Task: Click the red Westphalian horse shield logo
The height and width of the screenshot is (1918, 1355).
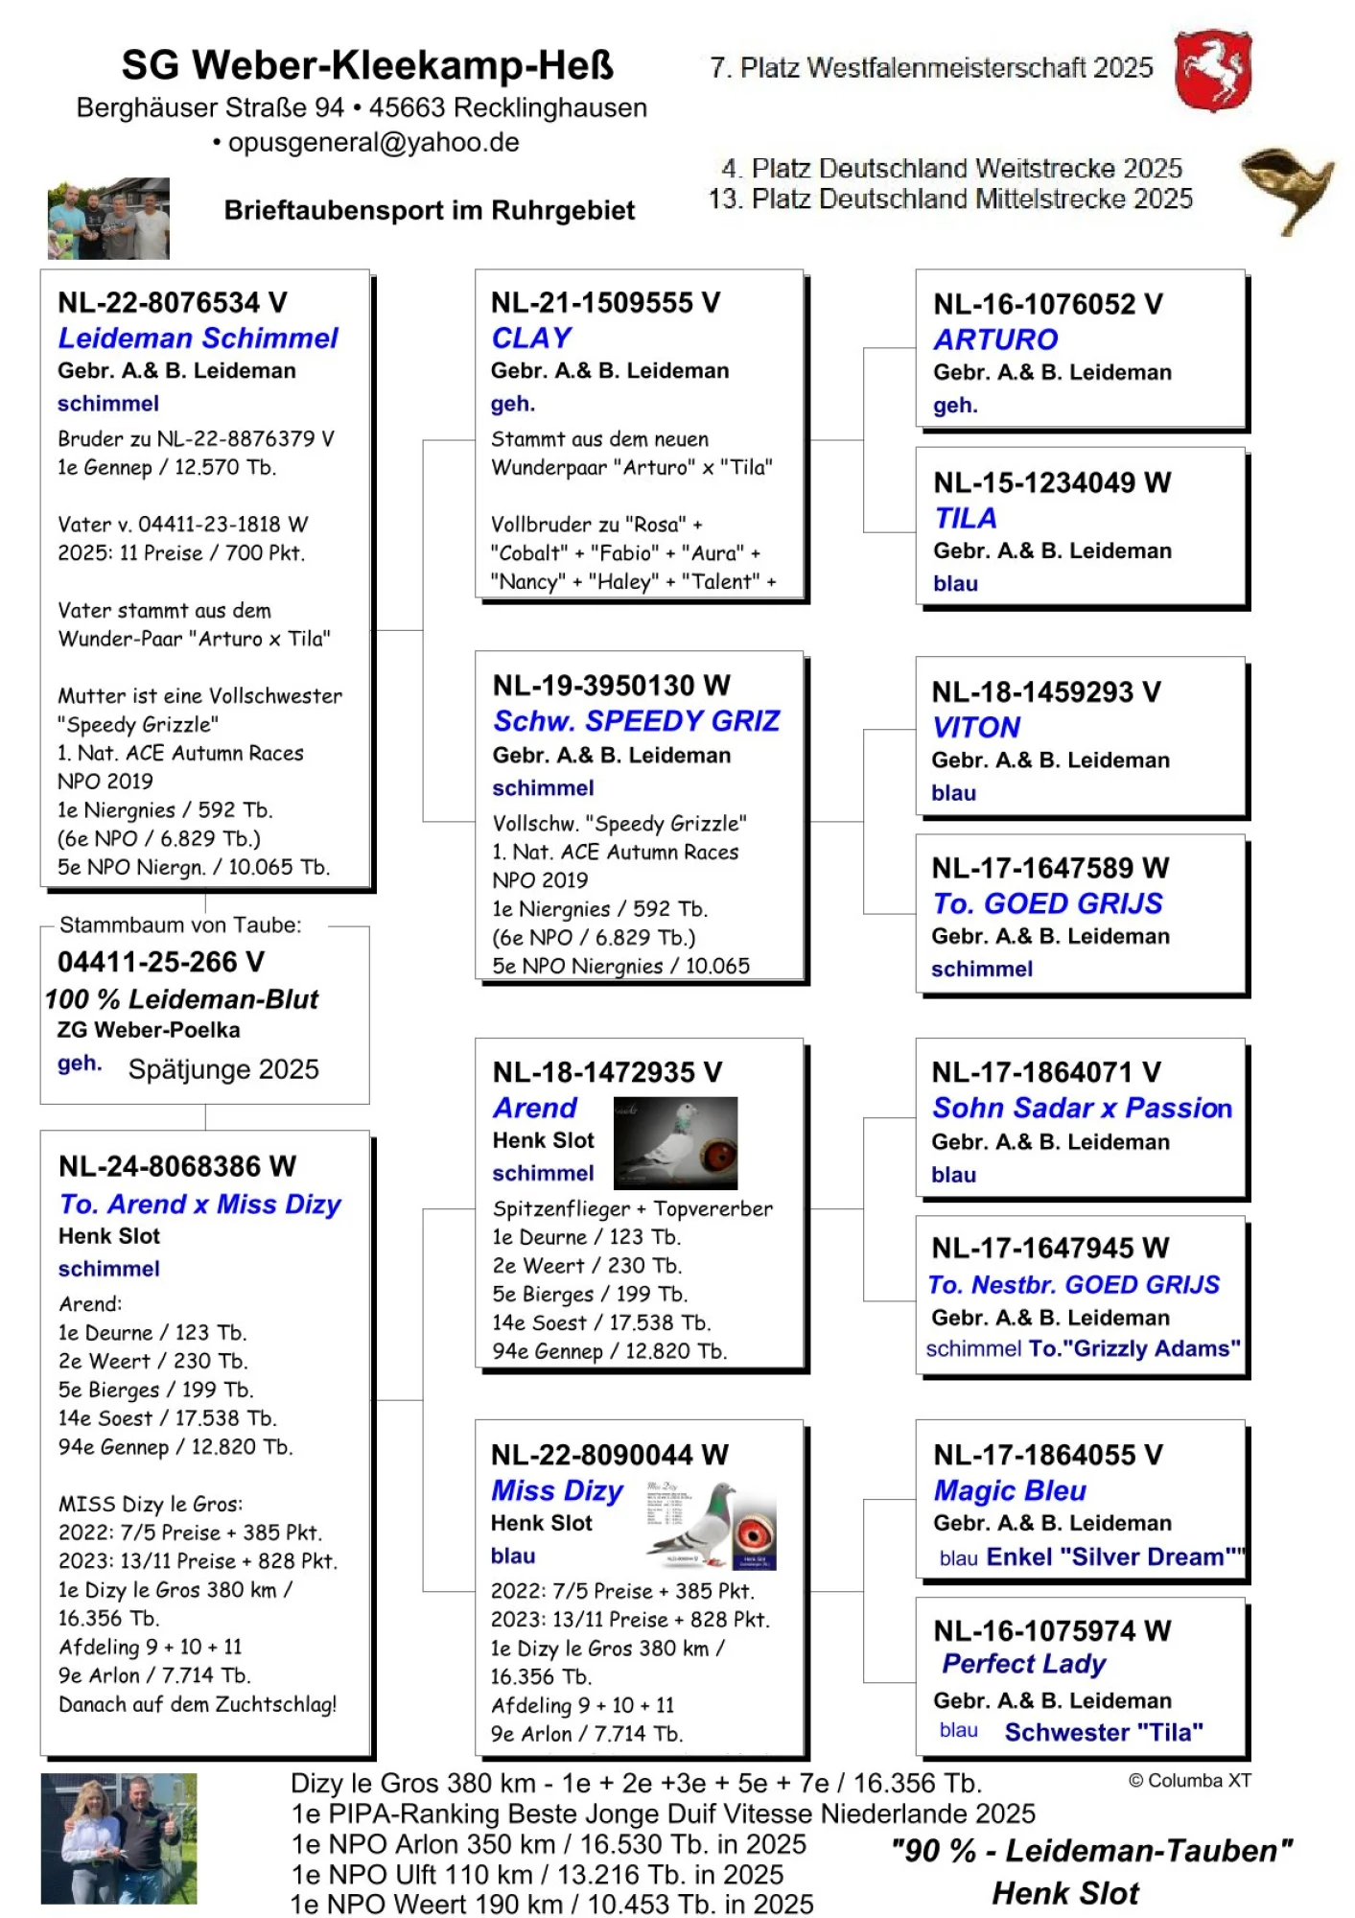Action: click(x=1213, y=69)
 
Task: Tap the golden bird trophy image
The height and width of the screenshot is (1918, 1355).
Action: click(x=1284, y=189)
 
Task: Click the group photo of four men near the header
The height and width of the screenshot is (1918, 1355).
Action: click(x=108, y=219)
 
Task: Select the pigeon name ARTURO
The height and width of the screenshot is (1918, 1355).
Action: click(x=995, y=339)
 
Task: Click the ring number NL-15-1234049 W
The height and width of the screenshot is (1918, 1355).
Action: click(x=1051, y=482)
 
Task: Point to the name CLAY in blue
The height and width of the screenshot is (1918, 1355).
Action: click(x=531, y=338)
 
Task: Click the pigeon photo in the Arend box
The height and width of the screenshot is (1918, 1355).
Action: click(x=675, y=1143)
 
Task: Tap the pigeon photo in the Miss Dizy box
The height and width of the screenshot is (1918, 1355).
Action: click(x=710, y=1525)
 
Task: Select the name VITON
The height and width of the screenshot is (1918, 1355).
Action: click(x=975, y=727)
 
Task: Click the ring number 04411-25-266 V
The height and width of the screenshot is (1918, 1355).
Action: click(x=160, y=962)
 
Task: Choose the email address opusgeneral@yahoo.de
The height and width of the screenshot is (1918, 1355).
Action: click(x=373, y=142)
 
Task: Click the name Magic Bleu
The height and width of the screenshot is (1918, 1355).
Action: click(x=1009, y=1490)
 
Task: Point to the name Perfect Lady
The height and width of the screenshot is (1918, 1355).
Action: click(x=1023, y=1664)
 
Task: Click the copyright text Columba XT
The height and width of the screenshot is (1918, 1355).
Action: click(x=1189, y=1781)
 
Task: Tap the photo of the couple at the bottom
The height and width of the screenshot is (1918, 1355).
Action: click(x=119, y=1838)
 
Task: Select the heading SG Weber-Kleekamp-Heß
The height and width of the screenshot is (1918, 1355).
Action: click(x=367, y=65)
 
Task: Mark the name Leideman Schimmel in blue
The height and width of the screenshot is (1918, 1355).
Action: click(x=198, y=338)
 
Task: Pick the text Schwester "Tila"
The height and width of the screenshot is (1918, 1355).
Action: click(x=1103, y=1732)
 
